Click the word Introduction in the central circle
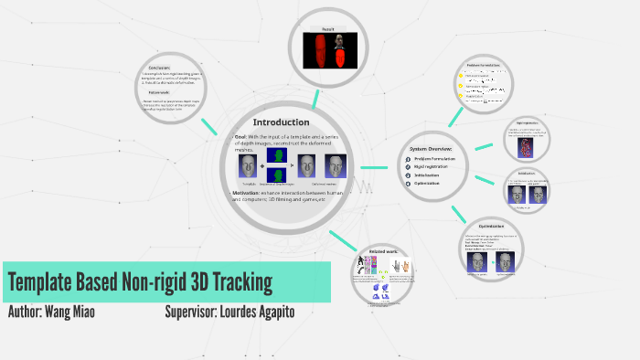point(281,122)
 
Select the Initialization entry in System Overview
point(433,175)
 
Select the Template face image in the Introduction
point(248,166)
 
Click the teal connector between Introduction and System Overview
point(373,168)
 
